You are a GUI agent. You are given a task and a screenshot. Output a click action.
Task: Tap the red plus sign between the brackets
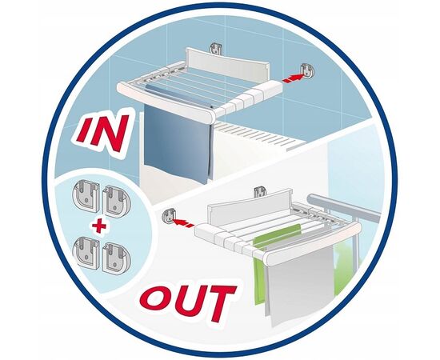point(98,226)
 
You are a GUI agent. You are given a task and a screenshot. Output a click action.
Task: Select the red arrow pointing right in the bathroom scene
point(294,78)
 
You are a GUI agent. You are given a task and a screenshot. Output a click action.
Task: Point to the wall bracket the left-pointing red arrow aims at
point(170,216)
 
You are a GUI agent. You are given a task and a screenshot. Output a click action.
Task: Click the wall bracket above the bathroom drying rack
point(216,49)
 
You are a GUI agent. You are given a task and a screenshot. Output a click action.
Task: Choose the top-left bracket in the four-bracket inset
point(86,194)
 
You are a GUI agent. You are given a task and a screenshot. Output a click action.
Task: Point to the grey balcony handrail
point(344,206)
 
